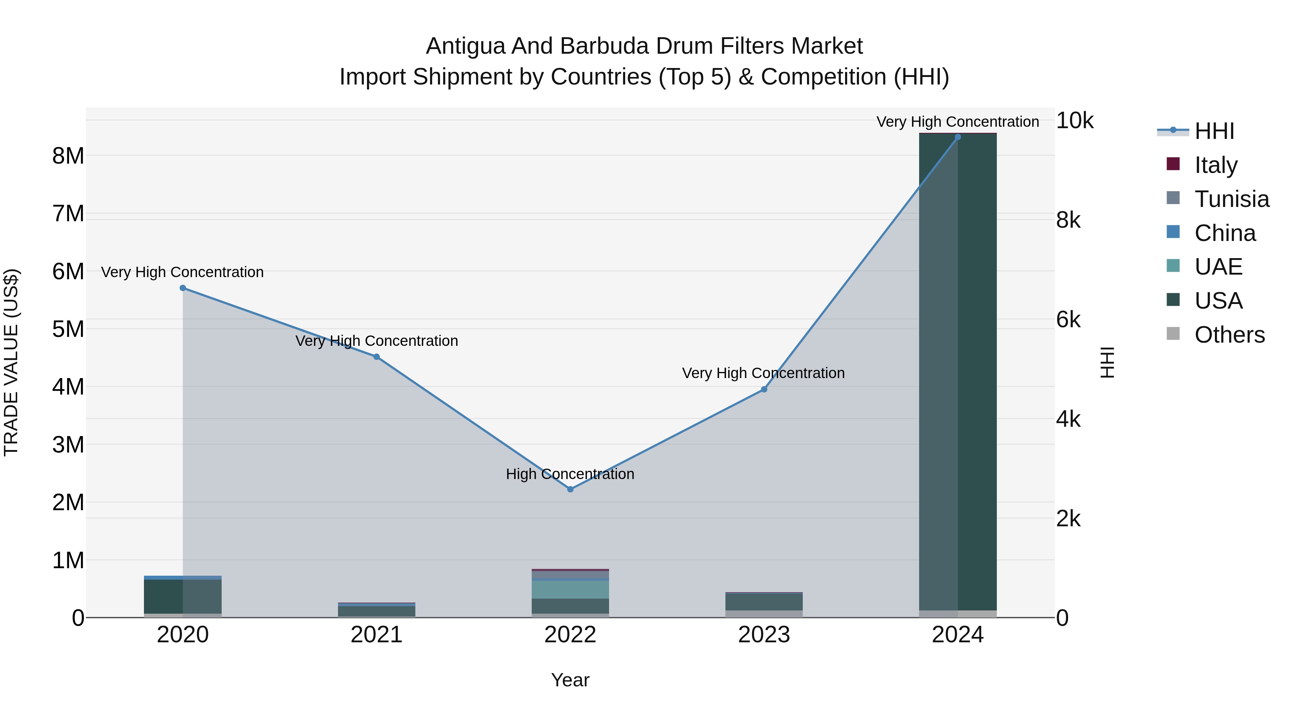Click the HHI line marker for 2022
click(570, 489)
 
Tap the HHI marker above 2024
click(958, 137)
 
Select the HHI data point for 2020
click(183, 288)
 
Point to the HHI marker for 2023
click(764, 389)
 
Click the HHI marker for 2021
click(377, 357)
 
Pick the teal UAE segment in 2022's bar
click(570, 589)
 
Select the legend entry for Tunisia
click(1231, 199)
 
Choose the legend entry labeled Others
click(1230, 335)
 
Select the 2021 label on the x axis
click(376, 635)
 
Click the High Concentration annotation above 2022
click(570, 474)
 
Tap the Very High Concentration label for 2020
click(182, 272)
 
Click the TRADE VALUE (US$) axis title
click(11, 362)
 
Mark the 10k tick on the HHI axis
click(1074, 121)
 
